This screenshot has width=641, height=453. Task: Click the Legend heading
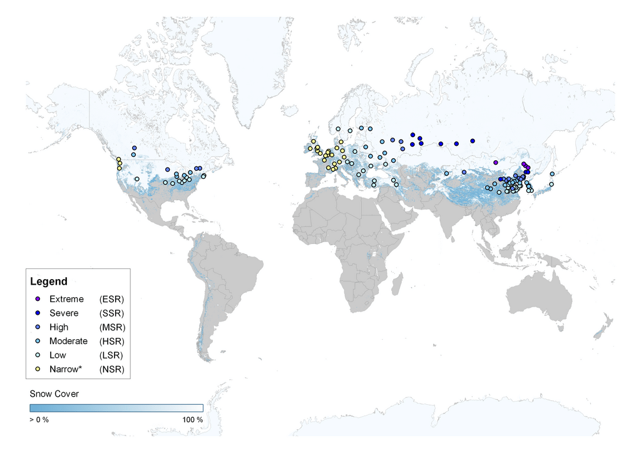pos(49,282)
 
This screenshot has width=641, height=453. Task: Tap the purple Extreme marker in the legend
pos(38,299)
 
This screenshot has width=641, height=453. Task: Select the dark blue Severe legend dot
pos(38,313)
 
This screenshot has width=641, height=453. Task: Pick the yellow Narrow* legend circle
pos(38,369)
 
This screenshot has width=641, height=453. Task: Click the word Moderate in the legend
pos(68,341)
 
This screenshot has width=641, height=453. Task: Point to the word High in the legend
pos(59,327)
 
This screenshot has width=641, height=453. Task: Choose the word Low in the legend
pos(58,355)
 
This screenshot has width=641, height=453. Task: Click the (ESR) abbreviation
pos(112,299)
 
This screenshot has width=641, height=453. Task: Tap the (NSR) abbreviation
pos(112,369)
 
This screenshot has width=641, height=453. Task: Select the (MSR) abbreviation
pos(112,327)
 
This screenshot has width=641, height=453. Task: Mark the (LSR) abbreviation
pos(112,355)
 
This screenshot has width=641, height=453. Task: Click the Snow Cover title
pos(54,394)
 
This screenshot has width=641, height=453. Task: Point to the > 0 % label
pos(39,419)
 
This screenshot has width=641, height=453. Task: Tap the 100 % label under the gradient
pos(192,419)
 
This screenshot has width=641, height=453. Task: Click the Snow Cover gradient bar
pos(116,408)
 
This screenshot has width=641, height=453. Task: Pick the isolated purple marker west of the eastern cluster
pos(496,162)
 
